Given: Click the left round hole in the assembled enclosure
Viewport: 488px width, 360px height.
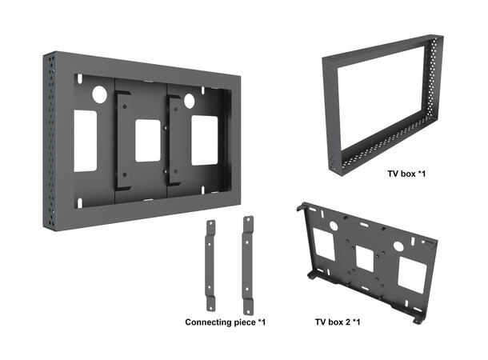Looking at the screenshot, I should [x=99, y=94].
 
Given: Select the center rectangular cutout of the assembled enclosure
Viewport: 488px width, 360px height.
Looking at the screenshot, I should [x=146, y=141].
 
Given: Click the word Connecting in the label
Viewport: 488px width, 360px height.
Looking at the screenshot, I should [x=212, y=322].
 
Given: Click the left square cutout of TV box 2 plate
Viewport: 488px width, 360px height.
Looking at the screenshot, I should [x=324, y=239].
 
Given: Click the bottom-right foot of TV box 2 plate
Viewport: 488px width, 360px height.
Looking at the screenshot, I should [x=416, y=319].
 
